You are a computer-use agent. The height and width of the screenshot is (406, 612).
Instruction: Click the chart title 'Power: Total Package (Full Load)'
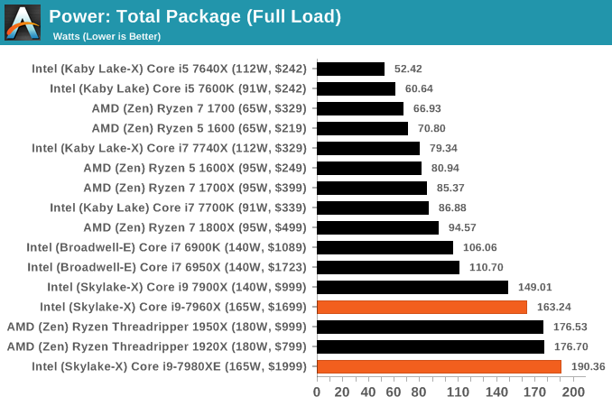[x=195, y=16]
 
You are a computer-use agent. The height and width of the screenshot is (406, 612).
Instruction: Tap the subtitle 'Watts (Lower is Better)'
[x=107, y=36]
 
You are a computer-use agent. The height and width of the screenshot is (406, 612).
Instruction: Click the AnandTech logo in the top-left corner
[x=23, y=23]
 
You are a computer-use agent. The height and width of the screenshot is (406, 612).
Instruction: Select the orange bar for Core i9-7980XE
[x=439, y=366]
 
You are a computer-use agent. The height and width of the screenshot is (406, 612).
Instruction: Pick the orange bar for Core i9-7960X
[x=422, y=307]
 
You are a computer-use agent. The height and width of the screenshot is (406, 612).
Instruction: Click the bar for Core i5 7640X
[x=350, y=69]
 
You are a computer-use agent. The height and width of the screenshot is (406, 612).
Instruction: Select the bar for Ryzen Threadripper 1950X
[x=430, y=327]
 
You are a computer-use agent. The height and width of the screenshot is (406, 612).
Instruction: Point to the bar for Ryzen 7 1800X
[x=377, y=227]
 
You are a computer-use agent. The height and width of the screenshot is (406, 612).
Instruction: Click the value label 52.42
[x=408, y=69]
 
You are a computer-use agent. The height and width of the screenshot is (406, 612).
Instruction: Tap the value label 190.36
[x=589, y=366]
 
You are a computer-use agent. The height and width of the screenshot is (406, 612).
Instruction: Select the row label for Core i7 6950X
[x=167, y=267]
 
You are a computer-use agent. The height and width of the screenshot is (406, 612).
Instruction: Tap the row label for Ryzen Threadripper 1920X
[x=157, y=346]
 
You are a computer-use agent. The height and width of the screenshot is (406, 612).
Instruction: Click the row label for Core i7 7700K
[x=179, y=208]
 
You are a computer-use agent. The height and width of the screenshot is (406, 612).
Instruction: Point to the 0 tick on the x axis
[x=317, y=392]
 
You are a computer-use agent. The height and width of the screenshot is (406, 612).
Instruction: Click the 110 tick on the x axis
[x=458, y=392]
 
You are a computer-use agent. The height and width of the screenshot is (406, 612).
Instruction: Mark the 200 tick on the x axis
[x=572, y=392]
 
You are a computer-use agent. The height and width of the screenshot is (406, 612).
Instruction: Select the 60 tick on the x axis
[x=394, y=392]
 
